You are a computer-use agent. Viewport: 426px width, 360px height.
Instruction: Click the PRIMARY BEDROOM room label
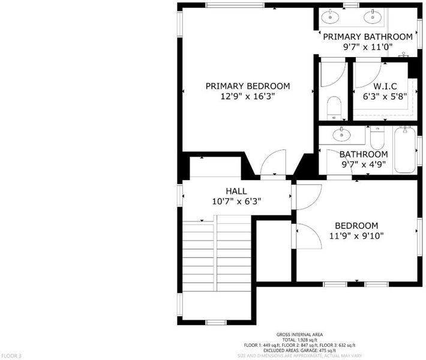[248, 86]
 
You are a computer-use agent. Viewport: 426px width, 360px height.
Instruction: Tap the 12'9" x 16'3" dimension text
[248, 97]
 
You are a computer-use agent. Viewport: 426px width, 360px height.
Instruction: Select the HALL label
[236, 191]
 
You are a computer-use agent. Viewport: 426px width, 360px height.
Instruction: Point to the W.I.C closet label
[385, 86]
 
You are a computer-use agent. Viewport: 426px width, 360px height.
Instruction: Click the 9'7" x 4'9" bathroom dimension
[364, 164]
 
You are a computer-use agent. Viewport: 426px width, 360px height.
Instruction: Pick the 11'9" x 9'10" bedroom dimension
[356, 236]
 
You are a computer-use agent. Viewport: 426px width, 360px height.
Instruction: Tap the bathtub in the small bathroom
[405, 150]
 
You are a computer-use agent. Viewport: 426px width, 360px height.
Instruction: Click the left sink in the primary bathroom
[330, 17]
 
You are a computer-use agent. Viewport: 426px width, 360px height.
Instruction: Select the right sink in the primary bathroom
[373, 17]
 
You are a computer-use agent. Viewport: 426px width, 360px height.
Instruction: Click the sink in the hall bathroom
[341, 134]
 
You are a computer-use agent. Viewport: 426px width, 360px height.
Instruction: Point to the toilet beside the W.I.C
[334, 108]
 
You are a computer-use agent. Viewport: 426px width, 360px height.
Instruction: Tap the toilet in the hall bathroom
[377, 138]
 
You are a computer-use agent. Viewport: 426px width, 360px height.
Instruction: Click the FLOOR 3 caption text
[11, 356]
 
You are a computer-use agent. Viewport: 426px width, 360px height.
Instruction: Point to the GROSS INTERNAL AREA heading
[299, 335]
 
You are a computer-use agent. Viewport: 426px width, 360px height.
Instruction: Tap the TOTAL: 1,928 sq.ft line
[299, 340]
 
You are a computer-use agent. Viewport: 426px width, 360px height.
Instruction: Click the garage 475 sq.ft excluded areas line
[299, 350]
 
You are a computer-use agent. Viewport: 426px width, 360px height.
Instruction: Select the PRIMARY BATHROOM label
[368, 37]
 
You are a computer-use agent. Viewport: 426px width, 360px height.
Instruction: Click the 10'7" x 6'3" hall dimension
[236, 202]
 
